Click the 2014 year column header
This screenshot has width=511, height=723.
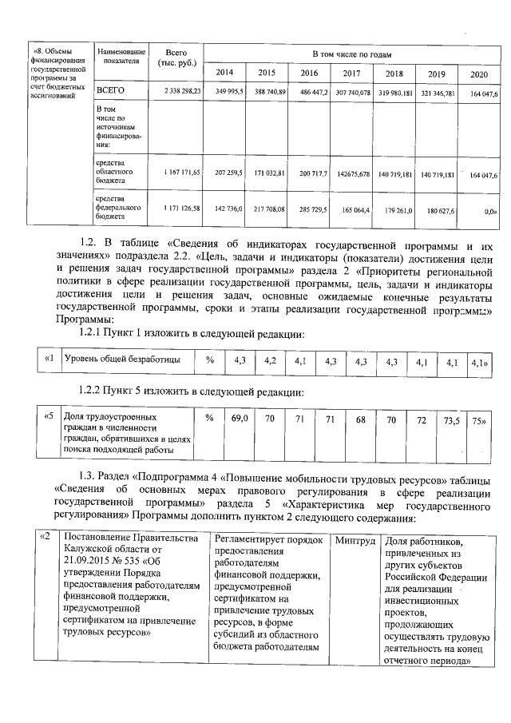(225, 73)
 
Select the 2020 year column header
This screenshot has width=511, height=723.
(478, 73)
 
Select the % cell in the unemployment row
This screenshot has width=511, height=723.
(210, 360)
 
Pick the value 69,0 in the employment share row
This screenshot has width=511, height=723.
(239, 418)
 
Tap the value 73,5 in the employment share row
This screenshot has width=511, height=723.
(451, 418)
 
